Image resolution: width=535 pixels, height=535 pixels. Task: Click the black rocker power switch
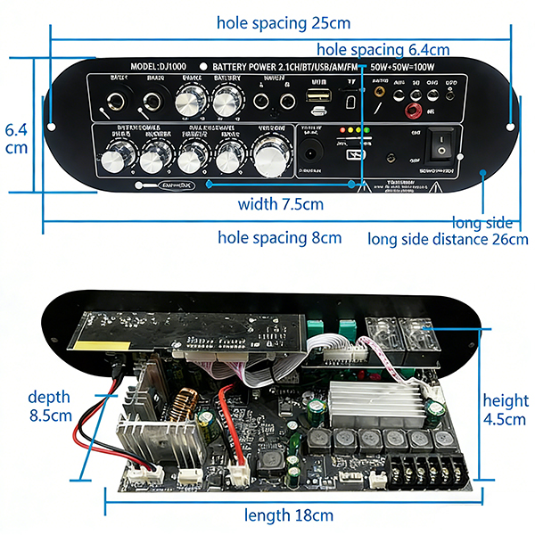click(x=440, y=142)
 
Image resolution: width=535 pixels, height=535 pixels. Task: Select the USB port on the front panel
click(x=318, y=102)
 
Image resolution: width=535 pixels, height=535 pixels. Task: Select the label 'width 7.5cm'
click(x=280, y=204)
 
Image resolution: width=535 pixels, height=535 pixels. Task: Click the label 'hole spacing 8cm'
click(x=280, y=238)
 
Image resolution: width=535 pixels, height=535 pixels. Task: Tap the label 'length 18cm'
click(x=291, y=515)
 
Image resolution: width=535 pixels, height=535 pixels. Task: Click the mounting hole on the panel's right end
click(x=511, y=126)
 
